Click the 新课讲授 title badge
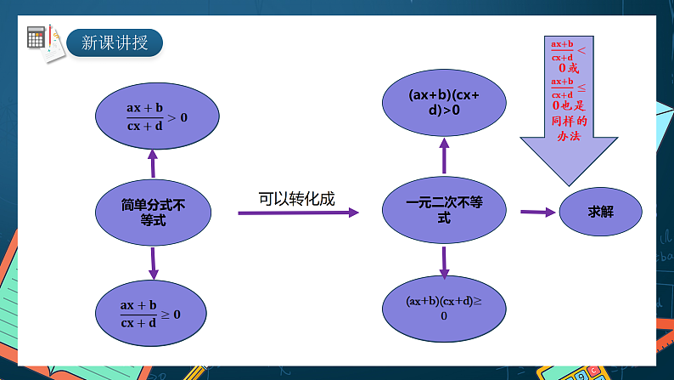(x=115, y=43)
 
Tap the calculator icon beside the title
(x=36, y=37)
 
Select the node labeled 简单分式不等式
(x=153, y=213)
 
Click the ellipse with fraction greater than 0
(x=157, y=116)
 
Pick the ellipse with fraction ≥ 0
(x=151, y=314)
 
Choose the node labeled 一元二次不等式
(x=444, y=210)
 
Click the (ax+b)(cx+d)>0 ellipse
(x=444, y=102)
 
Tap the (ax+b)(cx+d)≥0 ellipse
(x=444, y=309)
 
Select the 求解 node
(x=600, y=212)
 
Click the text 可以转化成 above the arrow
(x=296, y=199)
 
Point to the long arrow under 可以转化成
(x=298, y=213)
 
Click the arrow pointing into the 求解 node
(x=537, y=213)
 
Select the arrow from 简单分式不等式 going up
(x=153, y=163)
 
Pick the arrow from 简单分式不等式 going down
(x=153, y=264)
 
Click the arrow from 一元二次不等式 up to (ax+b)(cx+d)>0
(x=445, y=156)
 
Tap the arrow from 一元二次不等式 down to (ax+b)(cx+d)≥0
(x=444, y=263)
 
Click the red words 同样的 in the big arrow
(x=569, y=121)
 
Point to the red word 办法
(x=569, y=136)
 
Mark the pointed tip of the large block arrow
(x=569, y=186)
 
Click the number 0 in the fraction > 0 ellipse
(x=184, y=117)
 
